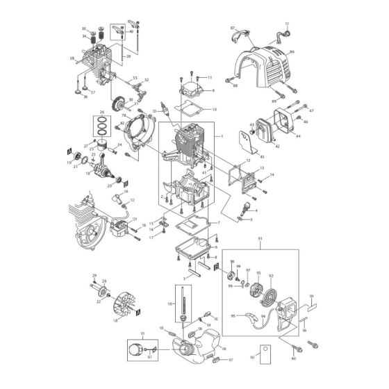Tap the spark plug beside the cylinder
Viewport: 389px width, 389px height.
point(163,110)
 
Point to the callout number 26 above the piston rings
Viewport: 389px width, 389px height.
point(101,112)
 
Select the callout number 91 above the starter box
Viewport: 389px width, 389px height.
point(260,239)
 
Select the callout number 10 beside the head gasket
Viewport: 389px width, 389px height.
point(215,109)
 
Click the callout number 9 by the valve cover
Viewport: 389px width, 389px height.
point(213,91)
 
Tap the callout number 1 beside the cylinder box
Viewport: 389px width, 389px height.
point(222,136)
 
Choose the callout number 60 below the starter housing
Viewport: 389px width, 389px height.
point(292,359)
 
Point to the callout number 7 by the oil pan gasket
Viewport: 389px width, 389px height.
point(220,222)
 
